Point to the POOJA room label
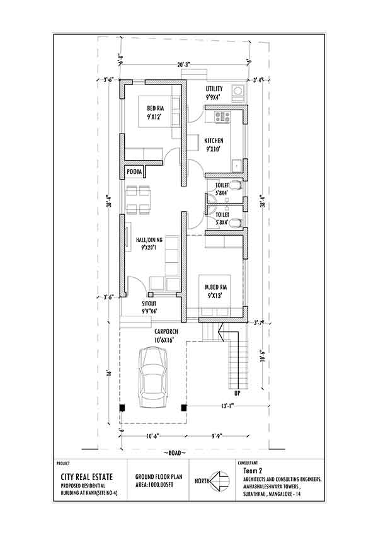134,171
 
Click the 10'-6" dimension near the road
151,435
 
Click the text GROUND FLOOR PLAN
158,478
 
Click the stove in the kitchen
223,115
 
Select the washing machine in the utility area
238,93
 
